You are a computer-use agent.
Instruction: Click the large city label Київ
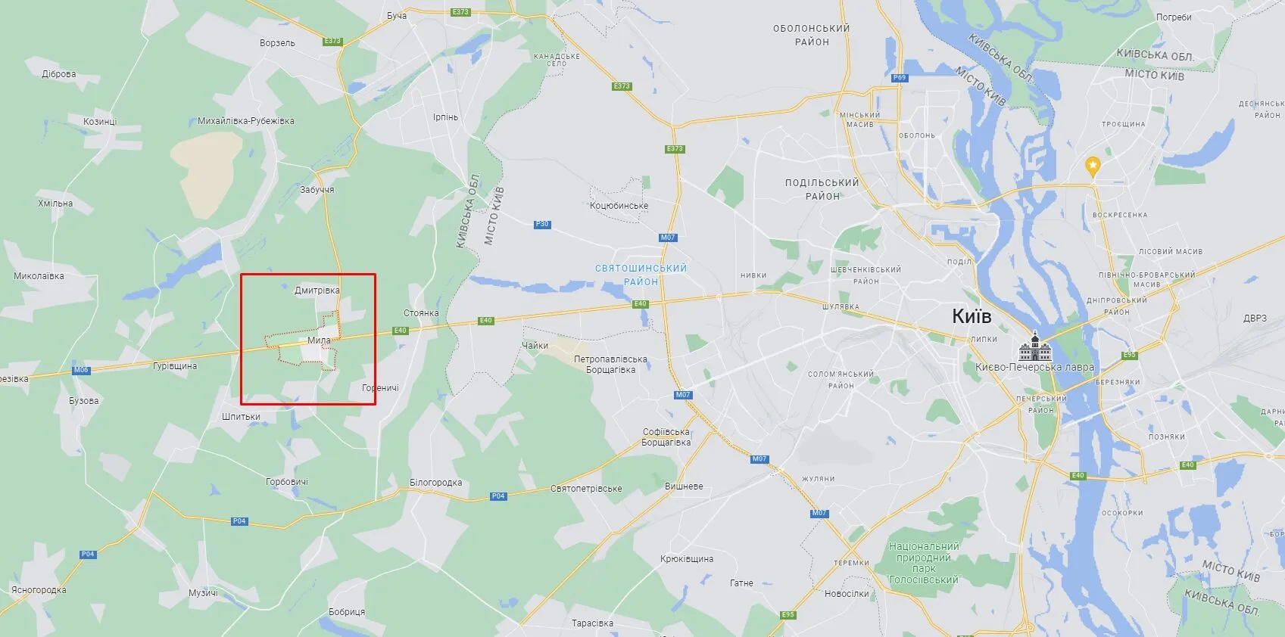pos(972,316)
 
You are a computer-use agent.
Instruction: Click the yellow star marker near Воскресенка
pos(1092,165)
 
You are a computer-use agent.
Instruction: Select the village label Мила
pos(319,340)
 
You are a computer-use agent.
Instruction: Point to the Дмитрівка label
pos(317,291)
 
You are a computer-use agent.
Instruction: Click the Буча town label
pos(397,16)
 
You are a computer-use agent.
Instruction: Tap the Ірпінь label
pos(445,117)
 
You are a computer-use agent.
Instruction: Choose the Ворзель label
pos(277,43)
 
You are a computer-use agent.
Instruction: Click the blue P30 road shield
pos(542,225)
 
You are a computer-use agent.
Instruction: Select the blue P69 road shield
pos(899,78)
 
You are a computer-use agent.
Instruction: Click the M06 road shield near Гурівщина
pos(81,370)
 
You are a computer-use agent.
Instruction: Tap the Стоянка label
pos(421,313)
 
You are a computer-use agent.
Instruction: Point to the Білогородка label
pos(435,483)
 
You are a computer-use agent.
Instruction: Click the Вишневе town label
pos(684,486)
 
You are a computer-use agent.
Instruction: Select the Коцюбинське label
pos(619,206)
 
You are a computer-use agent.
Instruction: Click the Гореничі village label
pos(380,388)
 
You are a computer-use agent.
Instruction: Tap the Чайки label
pos(535,346)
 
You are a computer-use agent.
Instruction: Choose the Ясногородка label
pos(39,590)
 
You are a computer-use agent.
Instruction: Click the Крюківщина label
pos(687,559)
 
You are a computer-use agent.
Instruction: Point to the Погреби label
pos(1174,17)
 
